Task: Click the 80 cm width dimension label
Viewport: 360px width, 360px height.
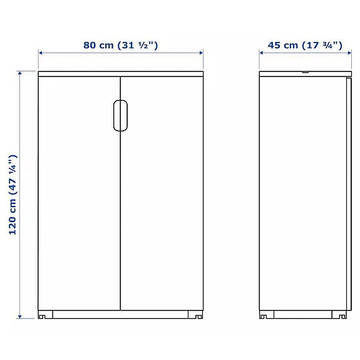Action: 120,45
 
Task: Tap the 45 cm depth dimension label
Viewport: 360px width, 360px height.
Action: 305,45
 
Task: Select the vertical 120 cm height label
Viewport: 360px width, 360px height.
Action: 13,195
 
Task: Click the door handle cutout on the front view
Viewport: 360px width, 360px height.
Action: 120,115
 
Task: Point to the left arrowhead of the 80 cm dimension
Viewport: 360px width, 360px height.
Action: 41,53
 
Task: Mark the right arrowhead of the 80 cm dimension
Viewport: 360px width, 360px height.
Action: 201,53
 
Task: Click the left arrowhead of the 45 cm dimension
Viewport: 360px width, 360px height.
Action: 262,53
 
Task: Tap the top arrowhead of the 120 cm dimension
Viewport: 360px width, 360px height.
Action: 20,74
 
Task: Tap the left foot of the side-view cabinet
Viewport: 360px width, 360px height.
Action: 265,314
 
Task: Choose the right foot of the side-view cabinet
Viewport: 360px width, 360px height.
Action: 343,314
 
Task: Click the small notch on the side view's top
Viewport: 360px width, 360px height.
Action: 305,73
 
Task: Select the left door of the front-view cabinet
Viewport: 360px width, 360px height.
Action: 78,200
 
